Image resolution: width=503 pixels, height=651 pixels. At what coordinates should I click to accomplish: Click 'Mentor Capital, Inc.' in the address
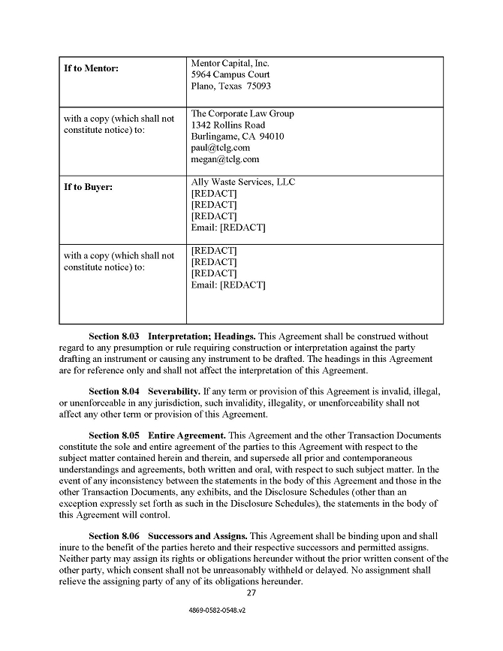tap(230, 63)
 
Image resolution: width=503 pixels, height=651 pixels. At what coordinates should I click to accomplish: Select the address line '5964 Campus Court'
tap(230, 74)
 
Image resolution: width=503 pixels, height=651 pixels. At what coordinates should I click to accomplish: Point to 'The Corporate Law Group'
tap(242, 113)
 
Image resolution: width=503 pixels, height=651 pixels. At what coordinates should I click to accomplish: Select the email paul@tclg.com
tap(220, 148)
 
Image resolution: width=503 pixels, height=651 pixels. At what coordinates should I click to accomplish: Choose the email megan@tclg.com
tap(225, 159)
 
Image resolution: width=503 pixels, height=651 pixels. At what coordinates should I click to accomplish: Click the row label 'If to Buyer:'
tap(88, 187)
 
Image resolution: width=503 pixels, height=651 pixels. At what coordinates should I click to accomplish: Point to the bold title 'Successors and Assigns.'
tap(197, 536)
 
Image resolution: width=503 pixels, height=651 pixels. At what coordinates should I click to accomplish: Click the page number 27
tap(251, 594)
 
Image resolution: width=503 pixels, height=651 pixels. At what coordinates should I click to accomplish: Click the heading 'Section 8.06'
tap(113, 536)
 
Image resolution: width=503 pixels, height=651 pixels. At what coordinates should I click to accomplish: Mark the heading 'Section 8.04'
tap(113, 392)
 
